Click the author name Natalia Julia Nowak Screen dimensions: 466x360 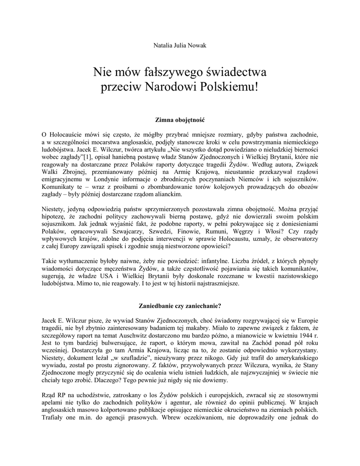(x=180, y=46)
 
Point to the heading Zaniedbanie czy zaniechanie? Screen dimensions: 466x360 (x=180, y=305)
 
